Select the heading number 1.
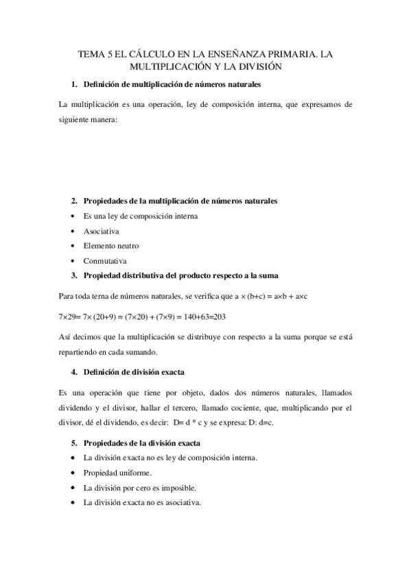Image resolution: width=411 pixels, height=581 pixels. [74, 85]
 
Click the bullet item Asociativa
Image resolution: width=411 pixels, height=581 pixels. [101, 231]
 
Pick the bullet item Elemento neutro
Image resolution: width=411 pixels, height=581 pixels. [109, 246]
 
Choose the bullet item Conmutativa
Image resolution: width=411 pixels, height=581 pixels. [105, 261]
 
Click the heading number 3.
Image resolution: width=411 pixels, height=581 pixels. [74, 275]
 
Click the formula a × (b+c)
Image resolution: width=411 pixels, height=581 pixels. [253, 297]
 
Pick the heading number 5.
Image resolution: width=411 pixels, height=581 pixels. [74, 443]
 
